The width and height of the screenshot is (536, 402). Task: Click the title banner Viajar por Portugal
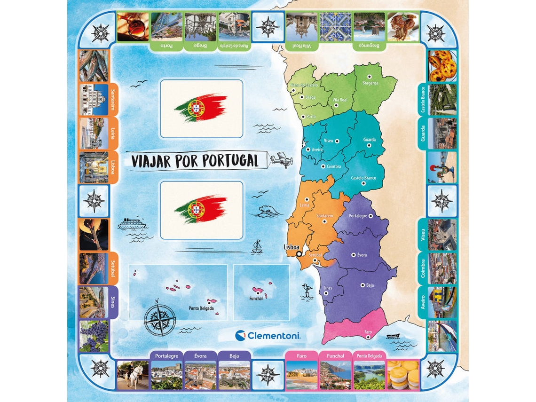pyautogui.click(x=195, y=161)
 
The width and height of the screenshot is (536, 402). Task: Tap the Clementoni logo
pyautogui.click(x=268, y=335)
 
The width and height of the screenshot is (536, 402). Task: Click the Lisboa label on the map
pyautogui.click(x=292, y=246)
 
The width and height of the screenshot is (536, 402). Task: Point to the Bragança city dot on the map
pyautogui.click(x=370, y=76)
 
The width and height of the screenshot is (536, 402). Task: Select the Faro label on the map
pyautogui.click(x=368, y=332)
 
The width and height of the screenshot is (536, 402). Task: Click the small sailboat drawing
pyautogui.click(x=257, y=247)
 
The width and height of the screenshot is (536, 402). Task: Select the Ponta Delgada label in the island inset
pyautogui.click(x=201, y=308)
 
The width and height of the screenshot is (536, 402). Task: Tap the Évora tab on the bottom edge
pyautogui.click(x=200, y=356)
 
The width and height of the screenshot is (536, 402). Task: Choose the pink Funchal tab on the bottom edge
pyautogui.click(x=336, y=356)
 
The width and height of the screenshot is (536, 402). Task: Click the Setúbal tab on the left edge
pyautogui.click(x=113, y=268)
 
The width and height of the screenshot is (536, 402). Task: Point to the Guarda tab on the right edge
pyautogui.click(x=423, y=134)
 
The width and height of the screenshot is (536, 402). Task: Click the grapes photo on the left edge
pyautogui.click(x=94, y=336)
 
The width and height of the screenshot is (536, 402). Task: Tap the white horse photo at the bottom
pyautogui.click(x=133, y=375)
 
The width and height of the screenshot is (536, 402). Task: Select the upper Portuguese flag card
pyautogui.click(x=201, y=109)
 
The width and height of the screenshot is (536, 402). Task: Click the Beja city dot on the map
pyautogui.click(x=363, y=285)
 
